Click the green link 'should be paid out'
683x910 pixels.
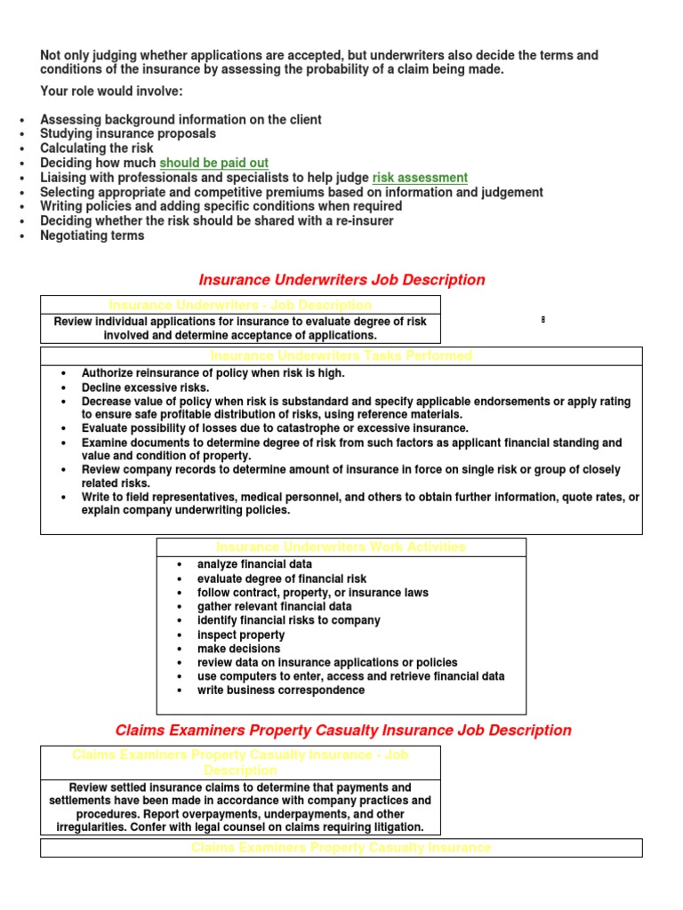click(x=213, y=164)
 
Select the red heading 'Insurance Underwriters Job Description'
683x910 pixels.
click(x=342, y=280)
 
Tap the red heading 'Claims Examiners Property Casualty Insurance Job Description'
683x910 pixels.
click(x=343, y=730)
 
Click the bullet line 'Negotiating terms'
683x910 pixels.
click(x=92, y=235)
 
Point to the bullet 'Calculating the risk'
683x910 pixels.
click(x=97, y=148)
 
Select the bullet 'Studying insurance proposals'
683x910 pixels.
click(x=128, y=134)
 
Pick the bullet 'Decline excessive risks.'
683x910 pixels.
click(x=146, y=387)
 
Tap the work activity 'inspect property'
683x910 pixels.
click(x=241, y=635)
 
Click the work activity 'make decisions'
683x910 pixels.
click(x=238, y=649)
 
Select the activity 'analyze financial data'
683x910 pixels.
click(x=254, y=564)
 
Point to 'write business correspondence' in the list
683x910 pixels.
click(x=280, y=690)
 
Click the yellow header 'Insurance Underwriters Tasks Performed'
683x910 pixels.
click(x=341, y=355)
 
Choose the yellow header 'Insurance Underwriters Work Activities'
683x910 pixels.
click(x=341, y=547)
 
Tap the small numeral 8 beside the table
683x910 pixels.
click(x=542, y=319)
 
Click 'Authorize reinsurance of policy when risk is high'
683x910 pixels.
click(x=213, y=373)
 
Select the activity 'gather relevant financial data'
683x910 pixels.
click(x=275, y=606)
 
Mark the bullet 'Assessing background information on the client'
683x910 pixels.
click(x=181, y=120)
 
